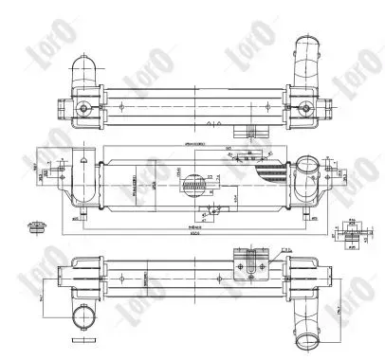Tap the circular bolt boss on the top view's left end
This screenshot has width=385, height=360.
[x=89, y=109]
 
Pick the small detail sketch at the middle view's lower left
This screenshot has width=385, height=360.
[x=39, y=226]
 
